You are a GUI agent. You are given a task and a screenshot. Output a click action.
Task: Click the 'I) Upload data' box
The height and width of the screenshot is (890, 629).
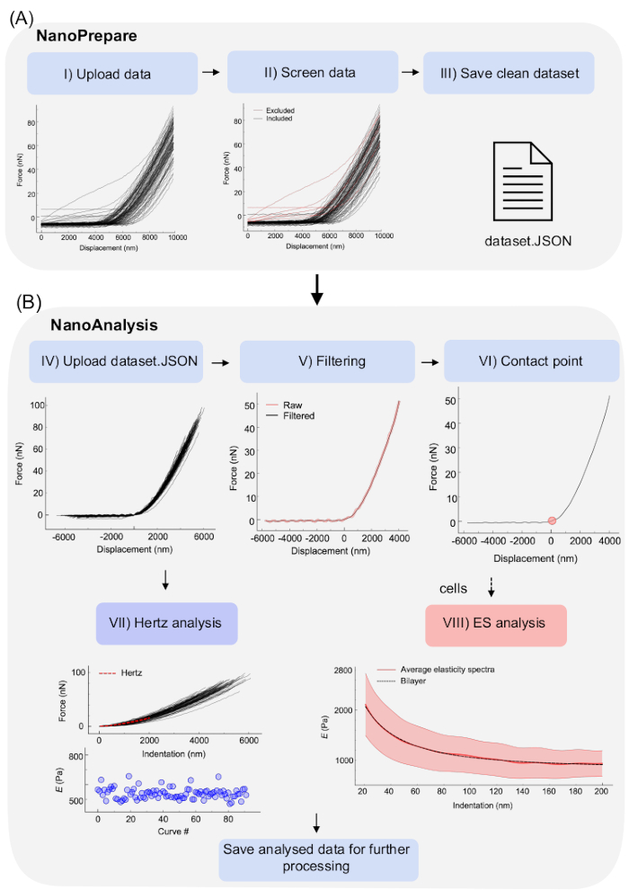(x=112, y=73)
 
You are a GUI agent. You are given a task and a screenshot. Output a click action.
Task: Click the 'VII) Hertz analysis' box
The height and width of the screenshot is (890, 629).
(x=166, y=622)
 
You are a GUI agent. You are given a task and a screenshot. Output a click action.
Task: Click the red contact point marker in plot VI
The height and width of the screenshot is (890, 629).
(x=552, y=521)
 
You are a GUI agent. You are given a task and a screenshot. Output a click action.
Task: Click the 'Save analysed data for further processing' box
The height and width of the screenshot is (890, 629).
(x=318, y=859)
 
